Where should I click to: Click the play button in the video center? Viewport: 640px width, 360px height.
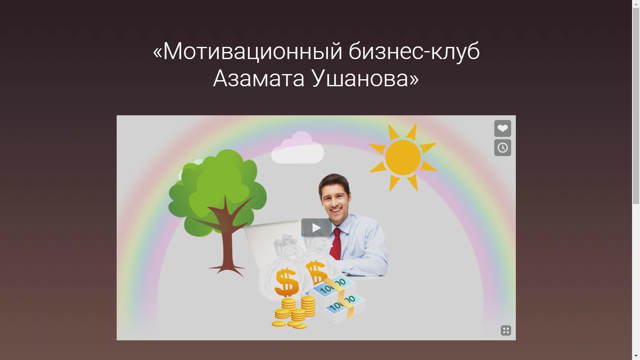[x=316, y=228]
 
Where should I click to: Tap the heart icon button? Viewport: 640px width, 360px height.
[x=502, y=128]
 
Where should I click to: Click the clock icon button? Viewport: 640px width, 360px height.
[x=502, y=148]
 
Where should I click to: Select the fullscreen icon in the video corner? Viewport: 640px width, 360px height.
[x=506, y=330]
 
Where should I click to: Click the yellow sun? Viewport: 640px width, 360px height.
[x=403, y=157]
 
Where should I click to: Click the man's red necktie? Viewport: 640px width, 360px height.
[x=336, y=244]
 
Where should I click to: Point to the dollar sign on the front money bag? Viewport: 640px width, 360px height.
[x=286, y=282]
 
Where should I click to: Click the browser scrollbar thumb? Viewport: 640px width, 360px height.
[x=636, y=105]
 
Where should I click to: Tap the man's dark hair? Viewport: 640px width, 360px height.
[x=334, y=180]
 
